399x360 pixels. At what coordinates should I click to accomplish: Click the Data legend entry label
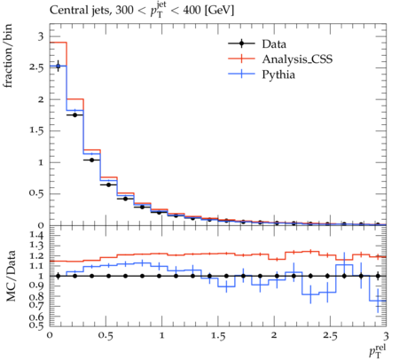pyautogui.click(x=274, y=44)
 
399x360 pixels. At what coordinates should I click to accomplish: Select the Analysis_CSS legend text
pyautogui.click(x=297, y=59)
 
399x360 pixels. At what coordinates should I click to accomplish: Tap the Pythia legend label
pyautogui.click(x=278, y=74)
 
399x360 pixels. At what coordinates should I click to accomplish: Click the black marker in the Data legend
pyautogui.click(x=241, y=43)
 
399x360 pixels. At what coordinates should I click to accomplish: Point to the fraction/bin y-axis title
pyautogui.click(x=8, y=56)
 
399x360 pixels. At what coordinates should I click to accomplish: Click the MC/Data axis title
pyautogui.click(x=11, y=276)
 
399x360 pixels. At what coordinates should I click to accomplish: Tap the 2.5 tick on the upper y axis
pyautogui.click(x=36, y=67)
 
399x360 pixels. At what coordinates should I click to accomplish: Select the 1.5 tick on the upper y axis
pyautogui.click(x=36, y=130)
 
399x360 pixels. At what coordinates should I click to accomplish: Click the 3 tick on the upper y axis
pyautogui.click(x=41, y=36)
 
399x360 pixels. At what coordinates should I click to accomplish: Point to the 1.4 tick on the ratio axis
pyautogui.click(x=37, y=236)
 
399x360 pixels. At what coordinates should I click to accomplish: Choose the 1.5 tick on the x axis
pyautogui.click(x=218, y=336)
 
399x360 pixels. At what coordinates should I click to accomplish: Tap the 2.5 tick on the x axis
pyautogui.click(x=330, y=336)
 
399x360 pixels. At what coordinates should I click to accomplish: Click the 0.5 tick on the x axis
pyautogui.click(x=106, y=336)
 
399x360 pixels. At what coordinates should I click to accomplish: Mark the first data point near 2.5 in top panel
pyautogui.click(x=58, y=67)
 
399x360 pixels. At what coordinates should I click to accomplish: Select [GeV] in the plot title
pyautogui.click(x=219, y=11)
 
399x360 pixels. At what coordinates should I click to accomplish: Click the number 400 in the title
pyautogui.click(x=192, y=11)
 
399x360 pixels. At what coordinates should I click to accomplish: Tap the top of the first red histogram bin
pyautogui.click(x=59, y=43)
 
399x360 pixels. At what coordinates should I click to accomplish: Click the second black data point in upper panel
pyautogui.click(x=75, y=115)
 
